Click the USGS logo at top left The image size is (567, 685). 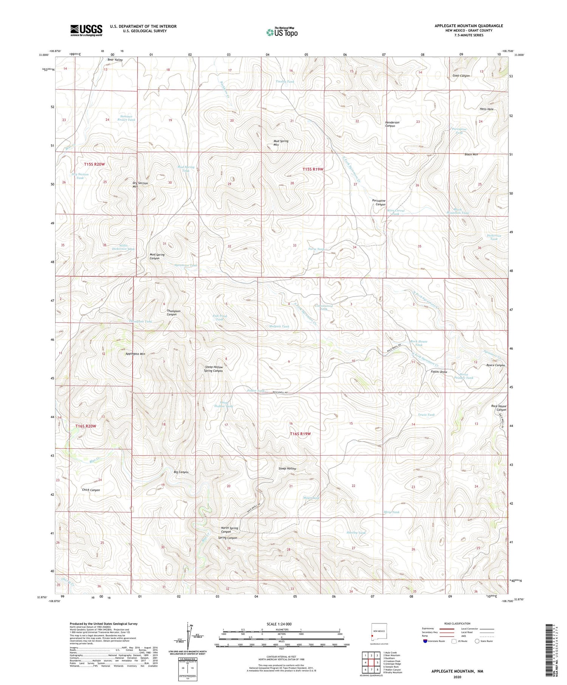click(86, 30)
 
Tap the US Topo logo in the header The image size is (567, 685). click(282, 32)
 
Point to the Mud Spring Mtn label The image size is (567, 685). click(281, 143)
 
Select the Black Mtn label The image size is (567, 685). click(471, 155)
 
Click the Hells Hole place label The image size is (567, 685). click(486, 109)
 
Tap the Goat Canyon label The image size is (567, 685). click(461, 76)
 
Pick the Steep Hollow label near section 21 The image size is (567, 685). click(287, 469)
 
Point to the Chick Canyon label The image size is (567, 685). click(91, 490)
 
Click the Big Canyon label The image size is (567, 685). click(181, 472)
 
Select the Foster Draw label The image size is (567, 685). click(439, 372)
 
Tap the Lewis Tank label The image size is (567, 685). click(426, 414)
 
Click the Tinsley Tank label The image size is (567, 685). click(285, 82)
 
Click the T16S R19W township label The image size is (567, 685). click(300, 434)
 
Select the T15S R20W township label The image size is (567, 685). click(94, 164)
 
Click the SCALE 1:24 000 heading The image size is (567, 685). click(279, 624)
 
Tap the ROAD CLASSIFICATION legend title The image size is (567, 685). click(457, 623)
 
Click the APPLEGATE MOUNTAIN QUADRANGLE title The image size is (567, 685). click(468, 26)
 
